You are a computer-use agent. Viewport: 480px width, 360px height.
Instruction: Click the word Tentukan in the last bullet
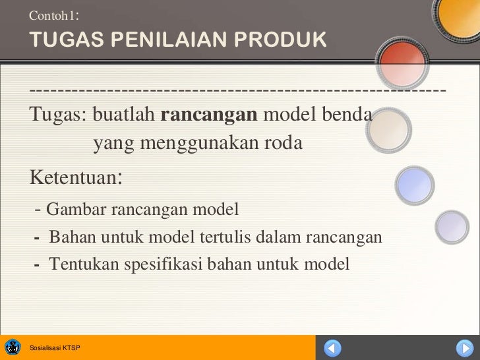[82, 264]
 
